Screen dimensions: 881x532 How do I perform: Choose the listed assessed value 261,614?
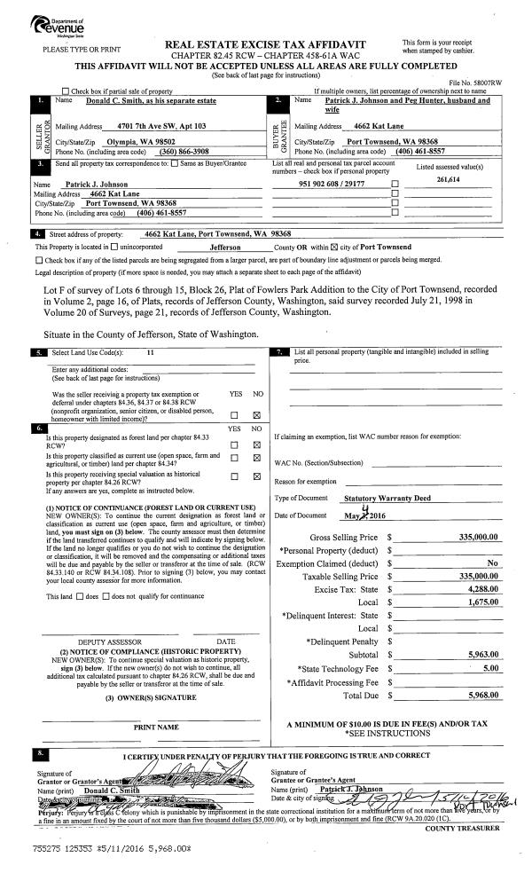[454, 178]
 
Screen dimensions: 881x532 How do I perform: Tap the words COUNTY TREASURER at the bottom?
[462, 804]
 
